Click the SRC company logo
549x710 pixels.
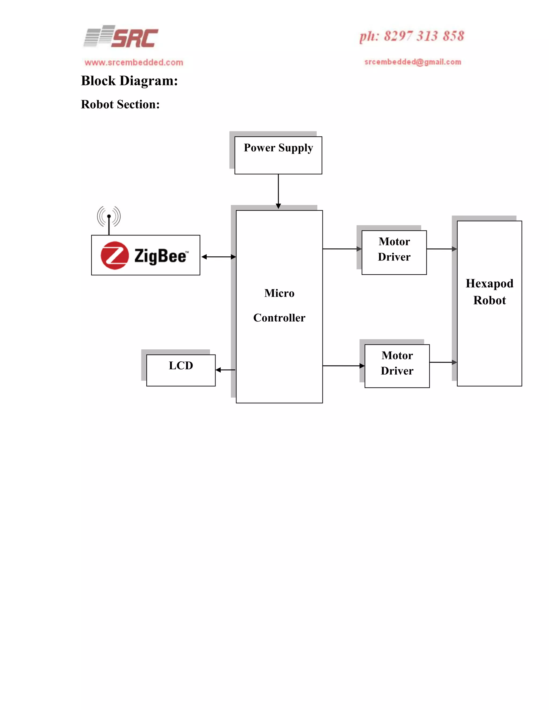[121, 37]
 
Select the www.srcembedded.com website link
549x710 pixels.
[134, 62]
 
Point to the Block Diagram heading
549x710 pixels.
[129, 81]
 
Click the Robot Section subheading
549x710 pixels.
[120, 104]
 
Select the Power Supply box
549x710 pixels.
[278, 155]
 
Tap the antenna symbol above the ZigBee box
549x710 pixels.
[109, 218]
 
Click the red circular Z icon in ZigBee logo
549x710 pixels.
[114, 255]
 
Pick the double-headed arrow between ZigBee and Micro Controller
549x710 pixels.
[218, 257]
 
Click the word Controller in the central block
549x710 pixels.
[279, 317]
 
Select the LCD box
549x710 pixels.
[181, 370]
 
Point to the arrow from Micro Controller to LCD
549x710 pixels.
[225, 370]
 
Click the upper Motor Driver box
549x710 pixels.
[394, 252]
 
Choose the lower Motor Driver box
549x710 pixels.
[397, 366]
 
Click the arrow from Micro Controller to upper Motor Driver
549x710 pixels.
[342, 249]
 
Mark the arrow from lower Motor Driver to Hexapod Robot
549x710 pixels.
[443, 362]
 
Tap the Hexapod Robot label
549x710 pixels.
[489, 292]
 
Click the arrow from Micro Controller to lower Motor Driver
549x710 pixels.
[343, 366]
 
